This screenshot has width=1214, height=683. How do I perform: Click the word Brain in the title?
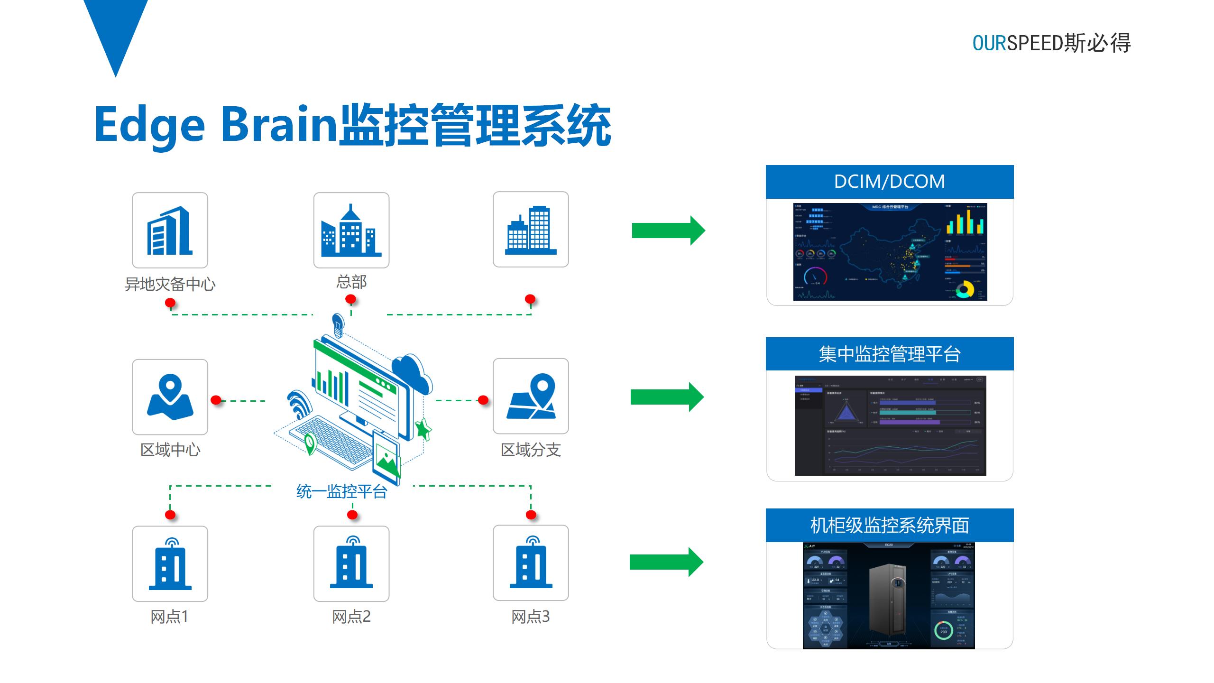tap(279, 124)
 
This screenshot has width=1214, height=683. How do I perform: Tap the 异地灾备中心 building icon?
tap(170, 230)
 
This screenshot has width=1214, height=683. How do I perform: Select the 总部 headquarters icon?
tap(351, 230)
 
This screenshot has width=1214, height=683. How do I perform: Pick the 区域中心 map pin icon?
tap(170, 397)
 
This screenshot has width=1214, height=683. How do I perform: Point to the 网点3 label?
tap(530, 616)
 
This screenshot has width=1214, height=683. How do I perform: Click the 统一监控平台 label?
tap(341, 491)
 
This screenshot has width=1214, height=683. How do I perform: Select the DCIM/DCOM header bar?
tap(889, 182)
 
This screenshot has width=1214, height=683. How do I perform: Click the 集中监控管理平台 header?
tap(889, 354)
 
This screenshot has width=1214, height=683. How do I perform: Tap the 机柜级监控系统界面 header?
tap(889, 525)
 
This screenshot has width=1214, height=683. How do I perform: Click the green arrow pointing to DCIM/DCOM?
tap(668, 231)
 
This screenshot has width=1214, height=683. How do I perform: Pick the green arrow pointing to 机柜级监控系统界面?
tap(666, 562)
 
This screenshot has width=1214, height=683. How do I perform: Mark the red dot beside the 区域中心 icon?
tap(216, 400)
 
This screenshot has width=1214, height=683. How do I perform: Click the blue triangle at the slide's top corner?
tap(116, 28)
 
